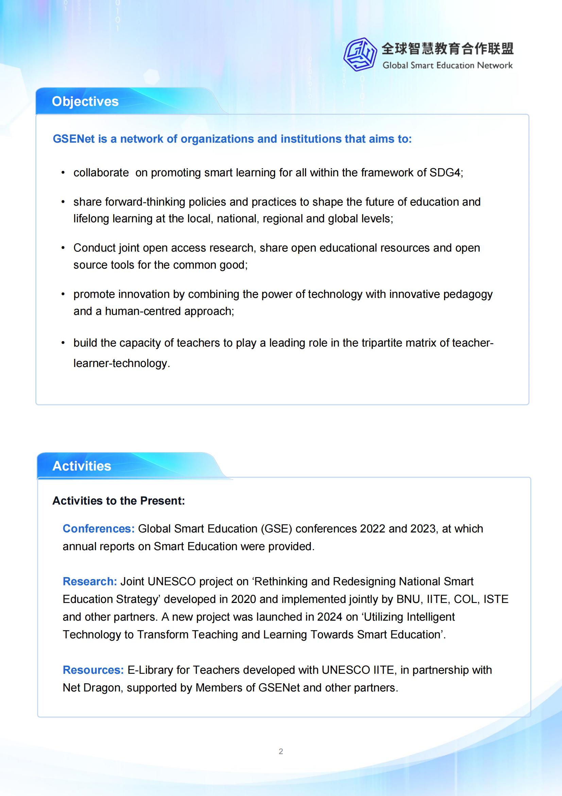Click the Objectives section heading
(85, 101)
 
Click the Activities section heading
(82, 466)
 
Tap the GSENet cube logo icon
(360, 55)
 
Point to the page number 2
(281, 752)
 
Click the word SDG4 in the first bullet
(445, 173)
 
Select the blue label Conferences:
(99, 529)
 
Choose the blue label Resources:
(93, 670)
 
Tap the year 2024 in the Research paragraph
(330, 617)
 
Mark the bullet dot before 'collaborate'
(63, 173)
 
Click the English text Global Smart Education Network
(447, 65)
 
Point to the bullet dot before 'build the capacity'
(63, 343)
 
